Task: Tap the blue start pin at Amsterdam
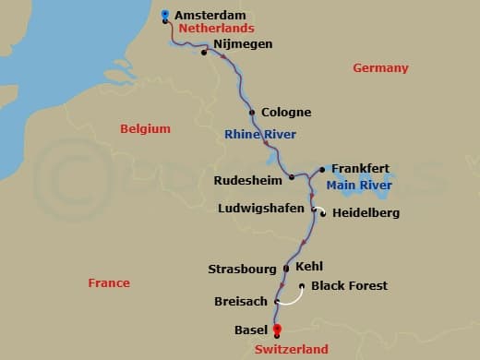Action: tap(164, 15)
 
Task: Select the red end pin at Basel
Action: tap(276, 330)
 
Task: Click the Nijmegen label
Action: tap(243, 43)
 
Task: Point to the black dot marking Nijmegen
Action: tap(204, 52)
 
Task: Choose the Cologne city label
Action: tap(286, 113)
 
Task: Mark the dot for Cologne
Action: tap(252, 113)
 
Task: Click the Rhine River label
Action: tap(260, 135)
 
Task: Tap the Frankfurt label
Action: tap(361, 169)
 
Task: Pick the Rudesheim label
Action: tap(246, 180)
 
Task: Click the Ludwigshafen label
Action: tap(261, 209)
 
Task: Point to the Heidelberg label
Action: tap(366, 213)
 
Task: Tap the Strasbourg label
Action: tap(242, 270)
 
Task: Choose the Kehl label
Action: tap(309, 266)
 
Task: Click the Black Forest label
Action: tap(350, 286)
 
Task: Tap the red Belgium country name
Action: tap(146, 129)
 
